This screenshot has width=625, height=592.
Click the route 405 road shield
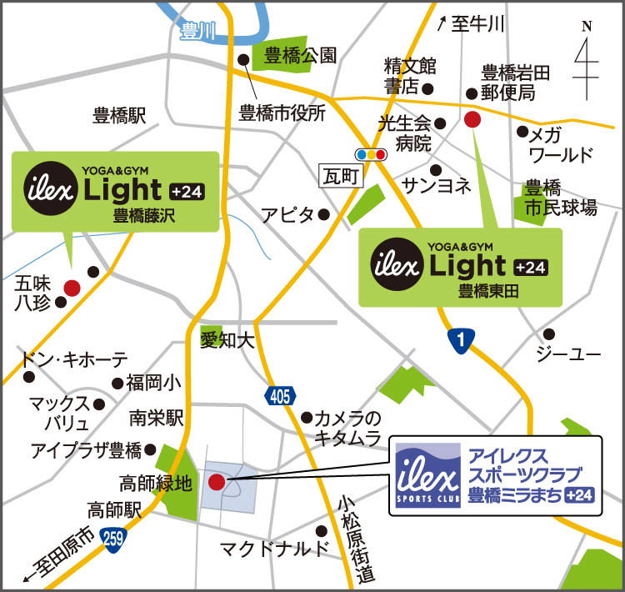tap(280, 397)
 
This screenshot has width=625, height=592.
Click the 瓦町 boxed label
tap(341, 176)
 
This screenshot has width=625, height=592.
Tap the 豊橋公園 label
tap(300, 56)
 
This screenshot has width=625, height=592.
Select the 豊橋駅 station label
tap(119, 116)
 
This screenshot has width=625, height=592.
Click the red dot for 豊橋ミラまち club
tap(216, 481)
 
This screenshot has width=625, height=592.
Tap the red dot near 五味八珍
tap(72, 288)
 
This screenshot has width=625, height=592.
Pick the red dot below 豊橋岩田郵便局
tap(472, 119)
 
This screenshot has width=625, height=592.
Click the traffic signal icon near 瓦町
tap(370, 154)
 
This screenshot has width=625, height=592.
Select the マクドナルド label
tap(274, 549)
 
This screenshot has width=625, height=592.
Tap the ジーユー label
tap(567, 354)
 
